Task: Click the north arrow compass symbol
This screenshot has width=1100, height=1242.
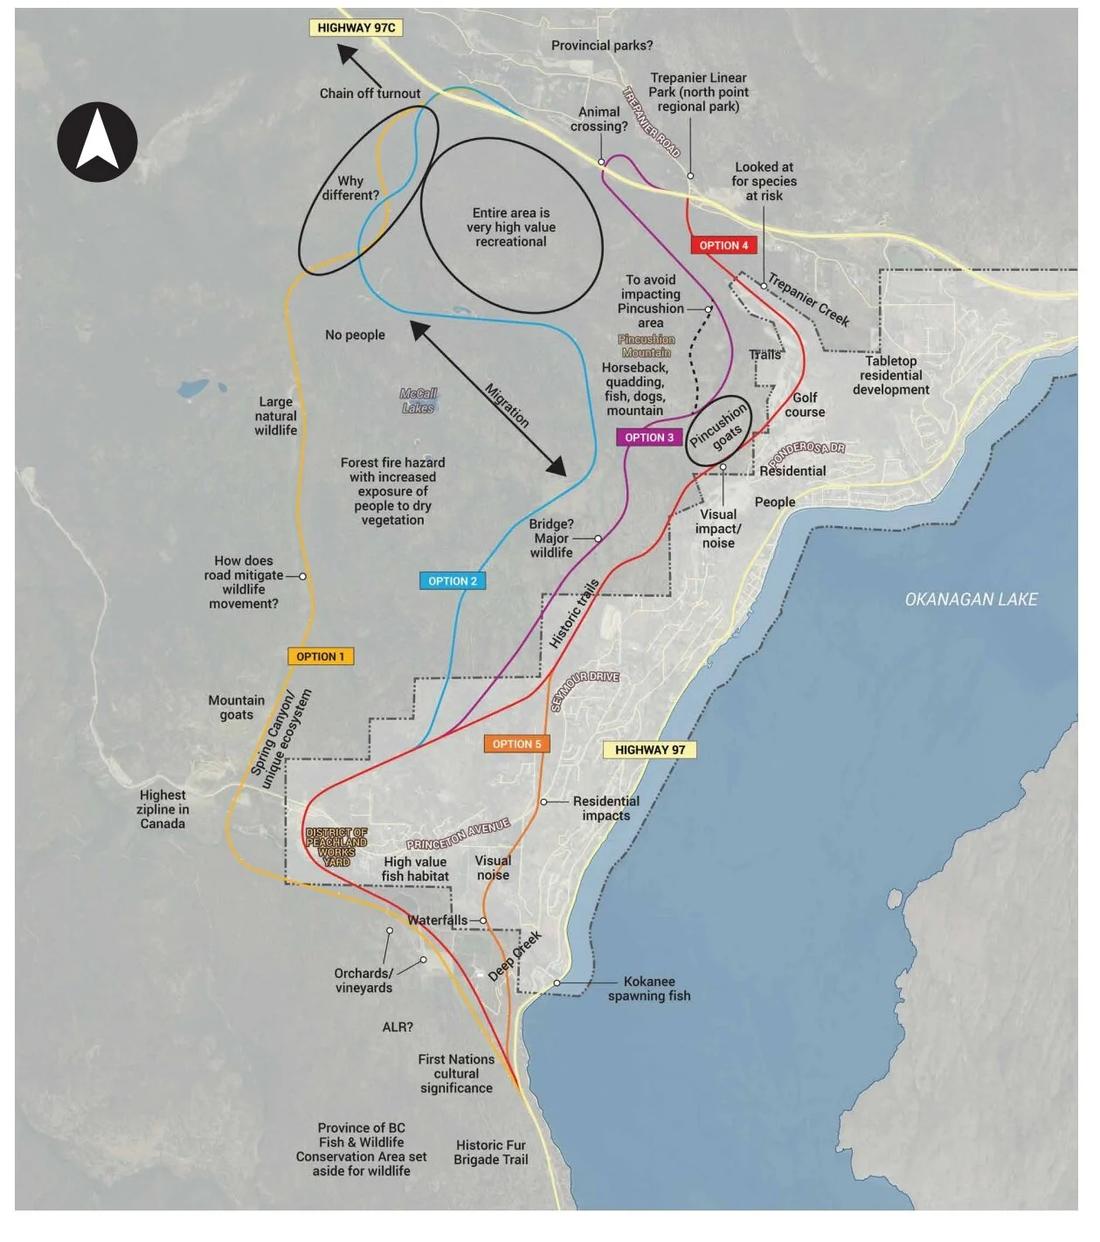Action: tap(97, 142)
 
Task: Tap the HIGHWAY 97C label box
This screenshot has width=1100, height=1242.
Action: tap(356, 28)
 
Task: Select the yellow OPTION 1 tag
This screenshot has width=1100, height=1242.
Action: tap(321, 656)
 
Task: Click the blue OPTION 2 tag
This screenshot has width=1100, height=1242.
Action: tap(453, 581)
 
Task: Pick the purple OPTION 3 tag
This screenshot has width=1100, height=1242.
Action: tap(649, 438)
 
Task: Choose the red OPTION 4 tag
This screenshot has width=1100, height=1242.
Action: tap(723, 246)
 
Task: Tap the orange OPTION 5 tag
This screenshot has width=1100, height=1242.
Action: tap(516, 744)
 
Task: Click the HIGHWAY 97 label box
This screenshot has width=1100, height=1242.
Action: tap(649, 750)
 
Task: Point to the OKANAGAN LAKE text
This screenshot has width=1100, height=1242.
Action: tap(971, 600)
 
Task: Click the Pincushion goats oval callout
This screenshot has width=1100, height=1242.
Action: tap(717, 428)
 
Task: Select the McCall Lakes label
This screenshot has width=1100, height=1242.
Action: tap(419, 401)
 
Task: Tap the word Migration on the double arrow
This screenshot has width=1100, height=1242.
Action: tap(507, 406)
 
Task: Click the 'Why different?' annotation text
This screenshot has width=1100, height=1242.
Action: tap(350, 188)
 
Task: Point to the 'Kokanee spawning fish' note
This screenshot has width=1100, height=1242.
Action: tap(649, 989)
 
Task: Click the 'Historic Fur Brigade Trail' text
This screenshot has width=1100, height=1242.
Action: tap(491, 1152)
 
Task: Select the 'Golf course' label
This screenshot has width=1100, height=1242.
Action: tap(805, 405)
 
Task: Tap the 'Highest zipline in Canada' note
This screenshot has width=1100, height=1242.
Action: tap(163, 809)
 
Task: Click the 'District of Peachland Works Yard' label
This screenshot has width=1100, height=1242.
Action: tap(336, 847)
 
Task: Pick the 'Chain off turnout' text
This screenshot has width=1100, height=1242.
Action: tap(370, 94)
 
